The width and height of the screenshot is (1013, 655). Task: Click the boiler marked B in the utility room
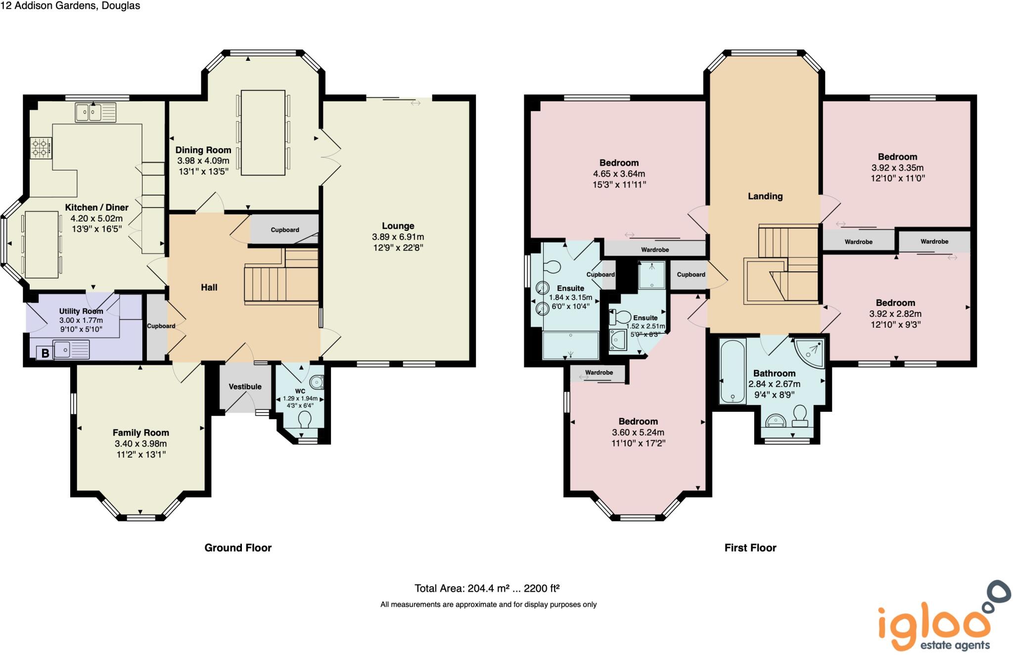click(x=45, y=353)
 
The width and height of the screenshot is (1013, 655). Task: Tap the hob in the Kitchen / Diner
click(x=41, y=148)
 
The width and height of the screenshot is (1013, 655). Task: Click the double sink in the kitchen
click(x=95, y=112)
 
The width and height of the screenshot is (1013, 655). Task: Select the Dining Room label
click(x=203, y=150)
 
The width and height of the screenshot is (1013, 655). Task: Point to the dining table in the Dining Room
click(x=263, y=132)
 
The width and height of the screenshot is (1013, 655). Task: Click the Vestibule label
click(x=245, y=387)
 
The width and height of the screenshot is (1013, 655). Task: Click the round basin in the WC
click(x=317, y=382)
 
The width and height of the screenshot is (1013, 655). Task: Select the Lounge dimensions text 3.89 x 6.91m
click(x=398, y=237)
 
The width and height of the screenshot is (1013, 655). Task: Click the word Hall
click(x=209, y=287)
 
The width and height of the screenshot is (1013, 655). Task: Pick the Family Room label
click(x=140, y=433)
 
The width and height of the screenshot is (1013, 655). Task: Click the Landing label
click(x=765, y=196)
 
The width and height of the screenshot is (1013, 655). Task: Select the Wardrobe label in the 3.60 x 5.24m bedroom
click(x=599, y=373)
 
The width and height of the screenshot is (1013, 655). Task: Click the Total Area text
click(x=487, y=588)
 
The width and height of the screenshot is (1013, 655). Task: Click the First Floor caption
click(x=750, y=548)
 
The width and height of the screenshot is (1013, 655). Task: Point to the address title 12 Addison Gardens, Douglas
click(x=70, y=6)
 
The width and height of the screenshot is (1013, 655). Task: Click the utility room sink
click(x=72, y=349)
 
